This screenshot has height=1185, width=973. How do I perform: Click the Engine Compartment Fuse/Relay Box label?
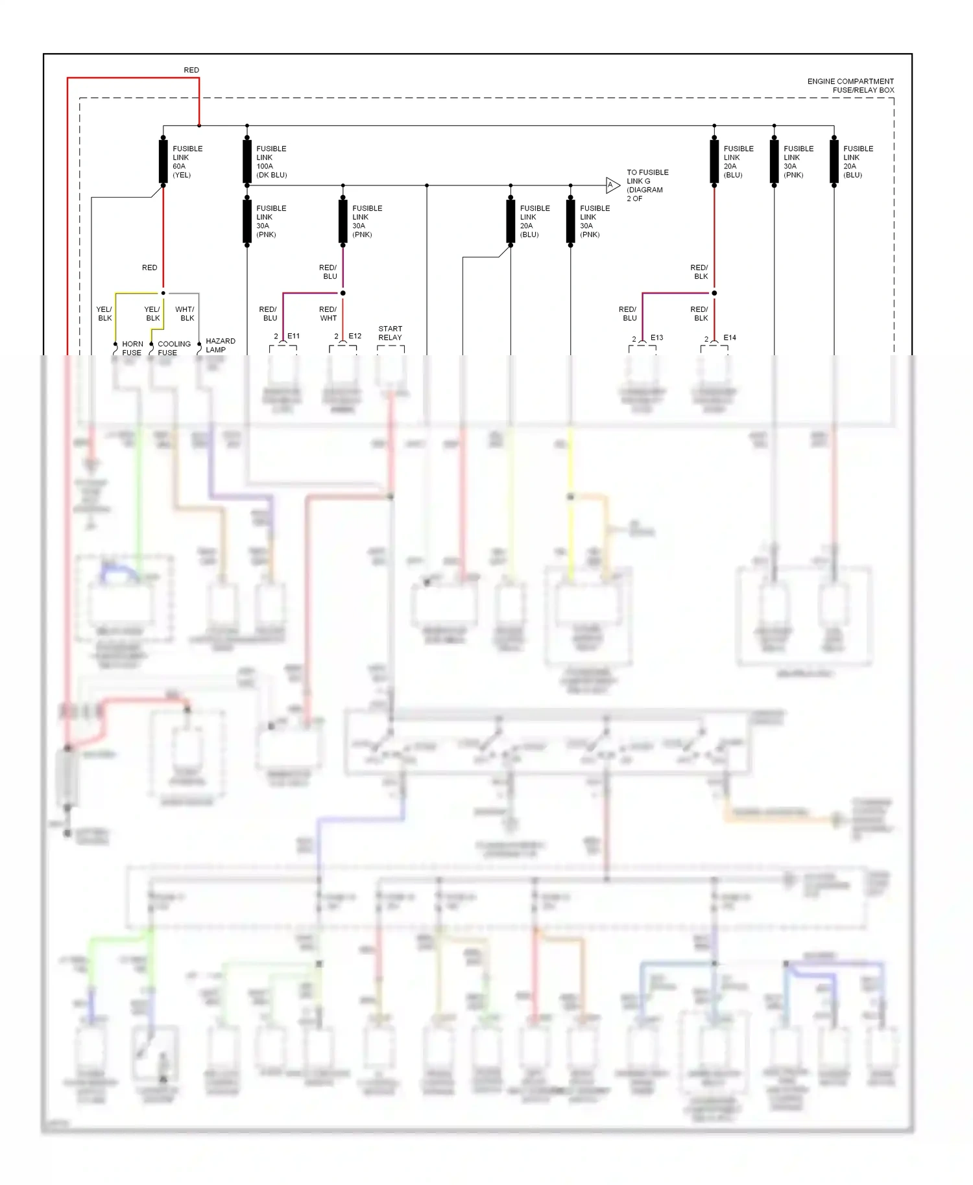click(850, 86)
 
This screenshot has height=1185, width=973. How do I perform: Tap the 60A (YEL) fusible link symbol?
click(163, 161)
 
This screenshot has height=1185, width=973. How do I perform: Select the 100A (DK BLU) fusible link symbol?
click(247, 161)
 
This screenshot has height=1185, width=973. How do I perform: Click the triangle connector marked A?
click(612, 185)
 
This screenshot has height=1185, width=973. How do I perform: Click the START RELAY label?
click(390, 333)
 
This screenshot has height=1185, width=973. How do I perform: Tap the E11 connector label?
click(293, 336)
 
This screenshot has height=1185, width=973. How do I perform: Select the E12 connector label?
click(354, 336)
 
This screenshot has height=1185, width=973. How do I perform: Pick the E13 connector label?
click(656, 337)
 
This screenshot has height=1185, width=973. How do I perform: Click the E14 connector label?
click(729, 337)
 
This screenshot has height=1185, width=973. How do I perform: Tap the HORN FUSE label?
click(132, 348)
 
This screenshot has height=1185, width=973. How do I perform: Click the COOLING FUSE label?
click(174, 348)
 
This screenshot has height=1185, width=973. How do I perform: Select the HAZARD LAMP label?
click(220, 345)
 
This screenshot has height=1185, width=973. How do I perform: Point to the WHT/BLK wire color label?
click(185, 314)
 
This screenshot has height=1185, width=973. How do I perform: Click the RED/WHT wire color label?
click(328, 314)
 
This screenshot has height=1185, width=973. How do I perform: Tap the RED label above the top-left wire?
click(191, 70)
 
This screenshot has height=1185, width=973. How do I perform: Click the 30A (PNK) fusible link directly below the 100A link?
click(247, 221)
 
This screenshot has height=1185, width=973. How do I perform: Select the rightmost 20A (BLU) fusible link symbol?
click(834, 161)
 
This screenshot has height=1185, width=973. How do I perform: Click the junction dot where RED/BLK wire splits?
click(714, 293)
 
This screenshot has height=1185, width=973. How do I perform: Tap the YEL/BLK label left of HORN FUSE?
click(104, 314)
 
